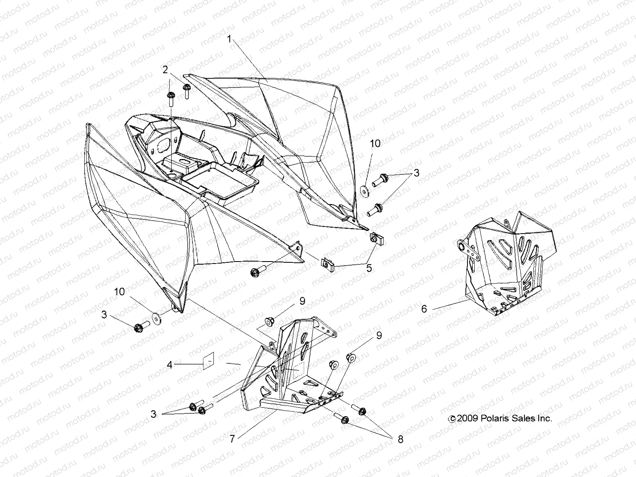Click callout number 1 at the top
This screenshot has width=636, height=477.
click(x=230, y=39)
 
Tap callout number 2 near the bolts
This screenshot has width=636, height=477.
click(x=165, y=70)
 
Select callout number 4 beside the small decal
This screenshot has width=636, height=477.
click(x=170, y=364)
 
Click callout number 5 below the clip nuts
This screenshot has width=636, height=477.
click(x=369, y=268)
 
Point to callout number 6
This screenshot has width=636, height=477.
click(x=424, y=308)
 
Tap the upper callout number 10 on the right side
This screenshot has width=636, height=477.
click(x=375, y=143)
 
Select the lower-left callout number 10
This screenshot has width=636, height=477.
click(x=120, y=292)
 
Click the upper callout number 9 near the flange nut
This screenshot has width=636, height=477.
click(x=302, y=301)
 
